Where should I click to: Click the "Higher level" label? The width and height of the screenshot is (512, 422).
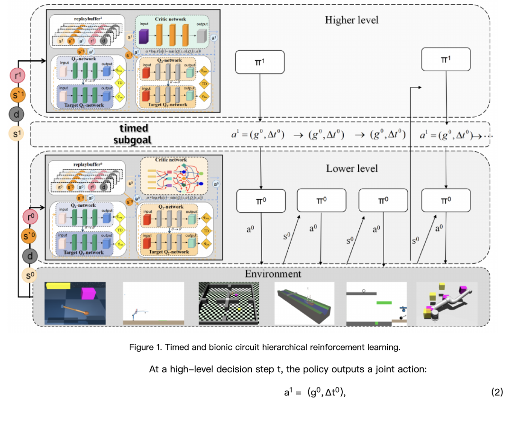click(351, 20)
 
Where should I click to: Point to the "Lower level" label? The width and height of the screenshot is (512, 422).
click(351, 168)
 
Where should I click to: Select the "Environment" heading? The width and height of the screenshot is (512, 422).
click(273, 274)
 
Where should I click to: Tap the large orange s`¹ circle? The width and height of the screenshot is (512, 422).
click(18, 96)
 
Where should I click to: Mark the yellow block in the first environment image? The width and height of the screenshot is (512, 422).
click(57, 285)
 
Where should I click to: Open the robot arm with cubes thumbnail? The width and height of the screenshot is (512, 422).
click(447, 303)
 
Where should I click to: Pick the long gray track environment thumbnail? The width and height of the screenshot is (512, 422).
click(304, 303)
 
